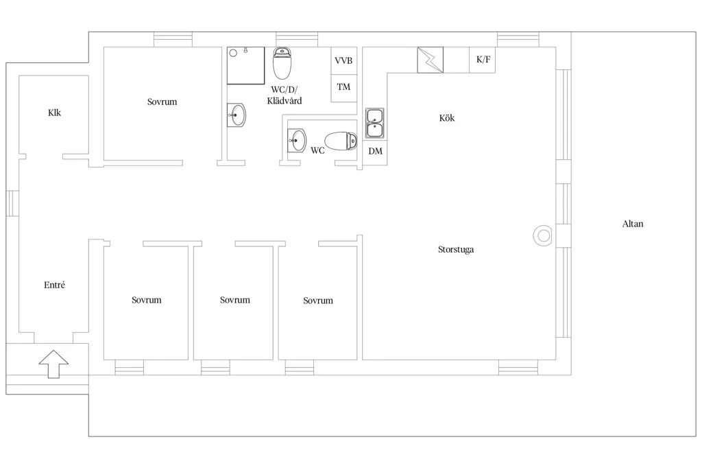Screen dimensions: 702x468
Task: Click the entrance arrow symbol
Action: pos(53,364)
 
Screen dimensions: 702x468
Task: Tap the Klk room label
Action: pos(54,113)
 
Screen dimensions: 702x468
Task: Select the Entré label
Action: pos(54,285)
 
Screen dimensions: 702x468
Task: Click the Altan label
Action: pos(633,224)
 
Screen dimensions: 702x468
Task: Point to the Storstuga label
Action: pos(456,249)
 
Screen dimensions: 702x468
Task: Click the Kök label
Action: pos(447,118)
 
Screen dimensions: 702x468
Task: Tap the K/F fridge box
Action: pos(482,60)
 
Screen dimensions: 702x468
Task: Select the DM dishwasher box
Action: pos(375,152)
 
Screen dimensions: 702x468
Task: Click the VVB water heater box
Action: pos(344,60)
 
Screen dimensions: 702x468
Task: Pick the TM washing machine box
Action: pos(344,88)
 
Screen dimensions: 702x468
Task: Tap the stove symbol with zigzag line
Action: pos(431,60)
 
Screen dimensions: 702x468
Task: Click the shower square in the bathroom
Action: pos(246,65)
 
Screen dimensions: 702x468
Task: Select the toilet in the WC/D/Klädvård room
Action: pos(282,63)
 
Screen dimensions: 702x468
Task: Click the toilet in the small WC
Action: pos(341,141)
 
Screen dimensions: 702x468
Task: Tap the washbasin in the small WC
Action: pos(296,140)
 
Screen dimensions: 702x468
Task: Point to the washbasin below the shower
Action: pos(237,115)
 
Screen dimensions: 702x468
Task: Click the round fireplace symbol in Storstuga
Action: pos(543,235)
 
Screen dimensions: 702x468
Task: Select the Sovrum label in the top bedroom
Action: pos(162,102)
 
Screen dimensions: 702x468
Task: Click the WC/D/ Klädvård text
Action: pos(285,95)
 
